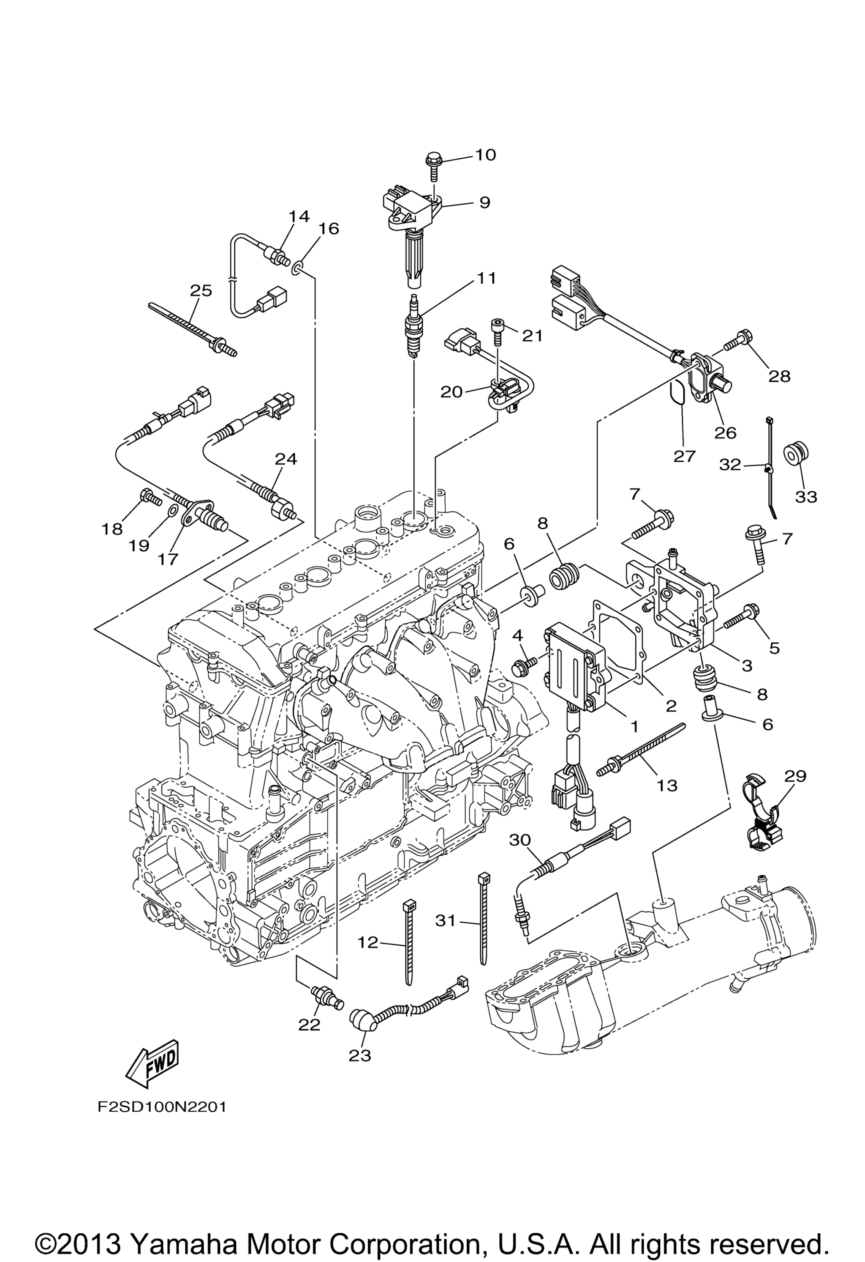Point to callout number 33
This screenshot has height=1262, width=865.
pyautogui.click(x=806, y=496)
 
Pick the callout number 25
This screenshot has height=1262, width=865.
pyautogui.click(x=201, y=290)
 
